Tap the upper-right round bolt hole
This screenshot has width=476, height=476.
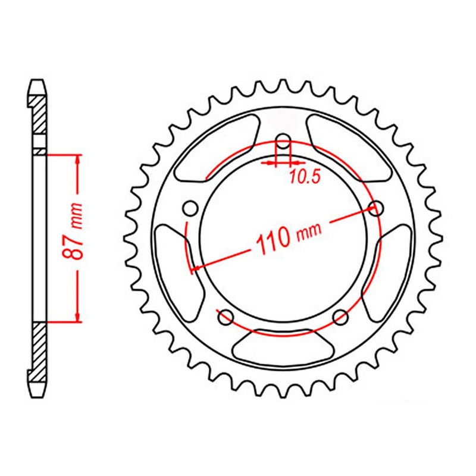tap(375, 208)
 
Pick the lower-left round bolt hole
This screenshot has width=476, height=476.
tap(226, 318)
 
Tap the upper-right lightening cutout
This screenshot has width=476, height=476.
tap(351, 149)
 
